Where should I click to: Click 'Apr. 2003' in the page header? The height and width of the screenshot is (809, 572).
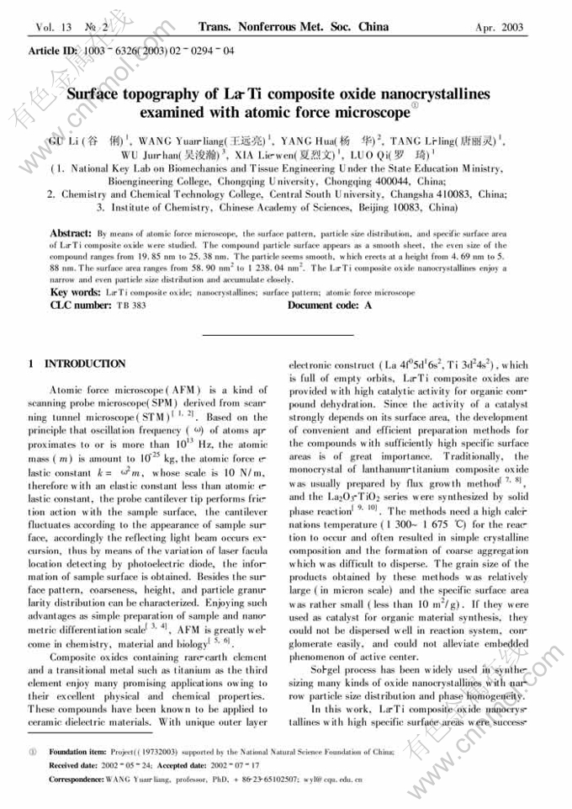coord(500,27)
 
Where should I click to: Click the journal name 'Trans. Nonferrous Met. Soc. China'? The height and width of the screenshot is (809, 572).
coord(294,26)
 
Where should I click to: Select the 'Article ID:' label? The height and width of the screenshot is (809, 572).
coord(53,51)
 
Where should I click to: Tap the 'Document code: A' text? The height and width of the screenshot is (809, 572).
coord(329,305)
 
